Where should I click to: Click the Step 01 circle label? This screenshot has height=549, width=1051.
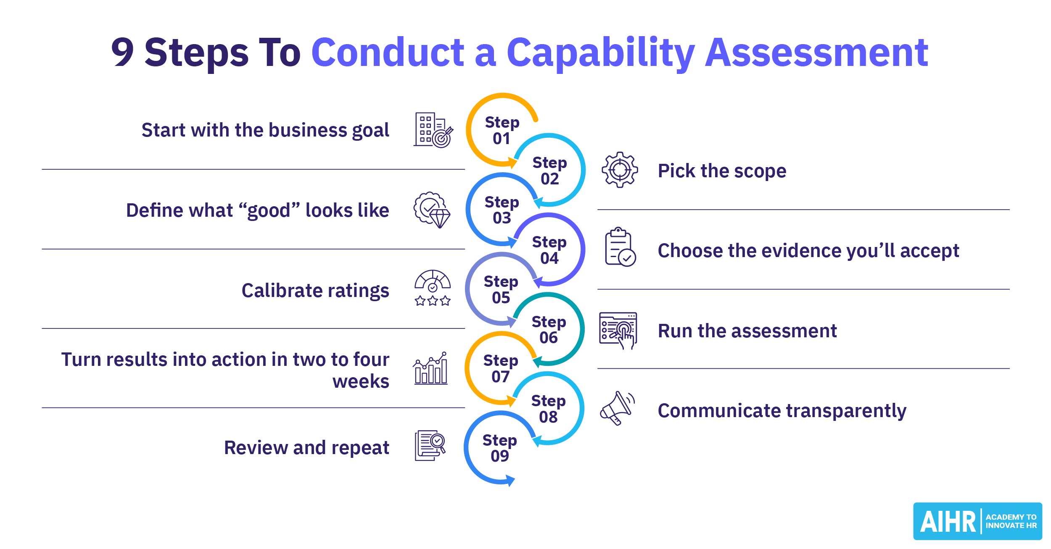pyautogui.click(x=502, y=130)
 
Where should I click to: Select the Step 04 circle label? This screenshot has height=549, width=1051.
pyautogui.click(x=549, y=250)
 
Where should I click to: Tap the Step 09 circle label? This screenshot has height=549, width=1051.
pyautogui.click(x=499, y=448)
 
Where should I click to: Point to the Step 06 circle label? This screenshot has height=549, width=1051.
pyautogui.click(x=549, y=329)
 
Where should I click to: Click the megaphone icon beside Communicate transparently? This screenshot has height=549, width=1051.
pyautogui.click(x=617, y=408)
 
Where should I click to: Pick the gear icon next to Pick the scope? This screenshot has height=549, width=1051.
pyautogui.click(x=620, y=170)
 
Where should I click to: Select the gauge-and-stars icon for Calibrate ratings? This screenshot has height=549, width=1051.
pyautogui.click(x=433, y=288)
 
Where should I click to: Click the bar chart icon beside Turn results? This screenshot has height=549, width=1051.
pyautogui.click(x=430, y=368)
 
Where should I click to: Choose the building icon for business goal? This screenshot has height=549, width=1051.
pyautogui.click(x=433, y=130)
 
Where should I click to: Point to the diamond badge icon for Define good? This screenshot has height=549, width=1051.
pyautogui.click(x=432, y=210)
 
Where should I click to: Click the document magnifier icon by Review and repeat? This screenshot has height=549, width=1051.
pyautogui.click(x=430, y=445)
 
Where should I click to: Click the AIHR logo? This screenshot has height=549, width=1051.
pyautogui.click(x=977, y=521)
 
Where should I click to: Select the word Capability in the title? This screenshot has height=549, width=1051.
pyautogui.click(x=601, y=53)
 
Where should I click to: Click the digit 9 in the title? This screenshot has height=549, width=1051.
pyautogui.click(x=122, y=53)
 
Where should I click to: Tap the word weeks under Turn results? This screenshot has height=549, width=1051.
pyautogui.click(x=361, y=381)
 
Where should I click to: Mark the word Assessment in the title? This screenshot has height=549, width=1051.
pyautogui.click(x=817, y=53)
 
